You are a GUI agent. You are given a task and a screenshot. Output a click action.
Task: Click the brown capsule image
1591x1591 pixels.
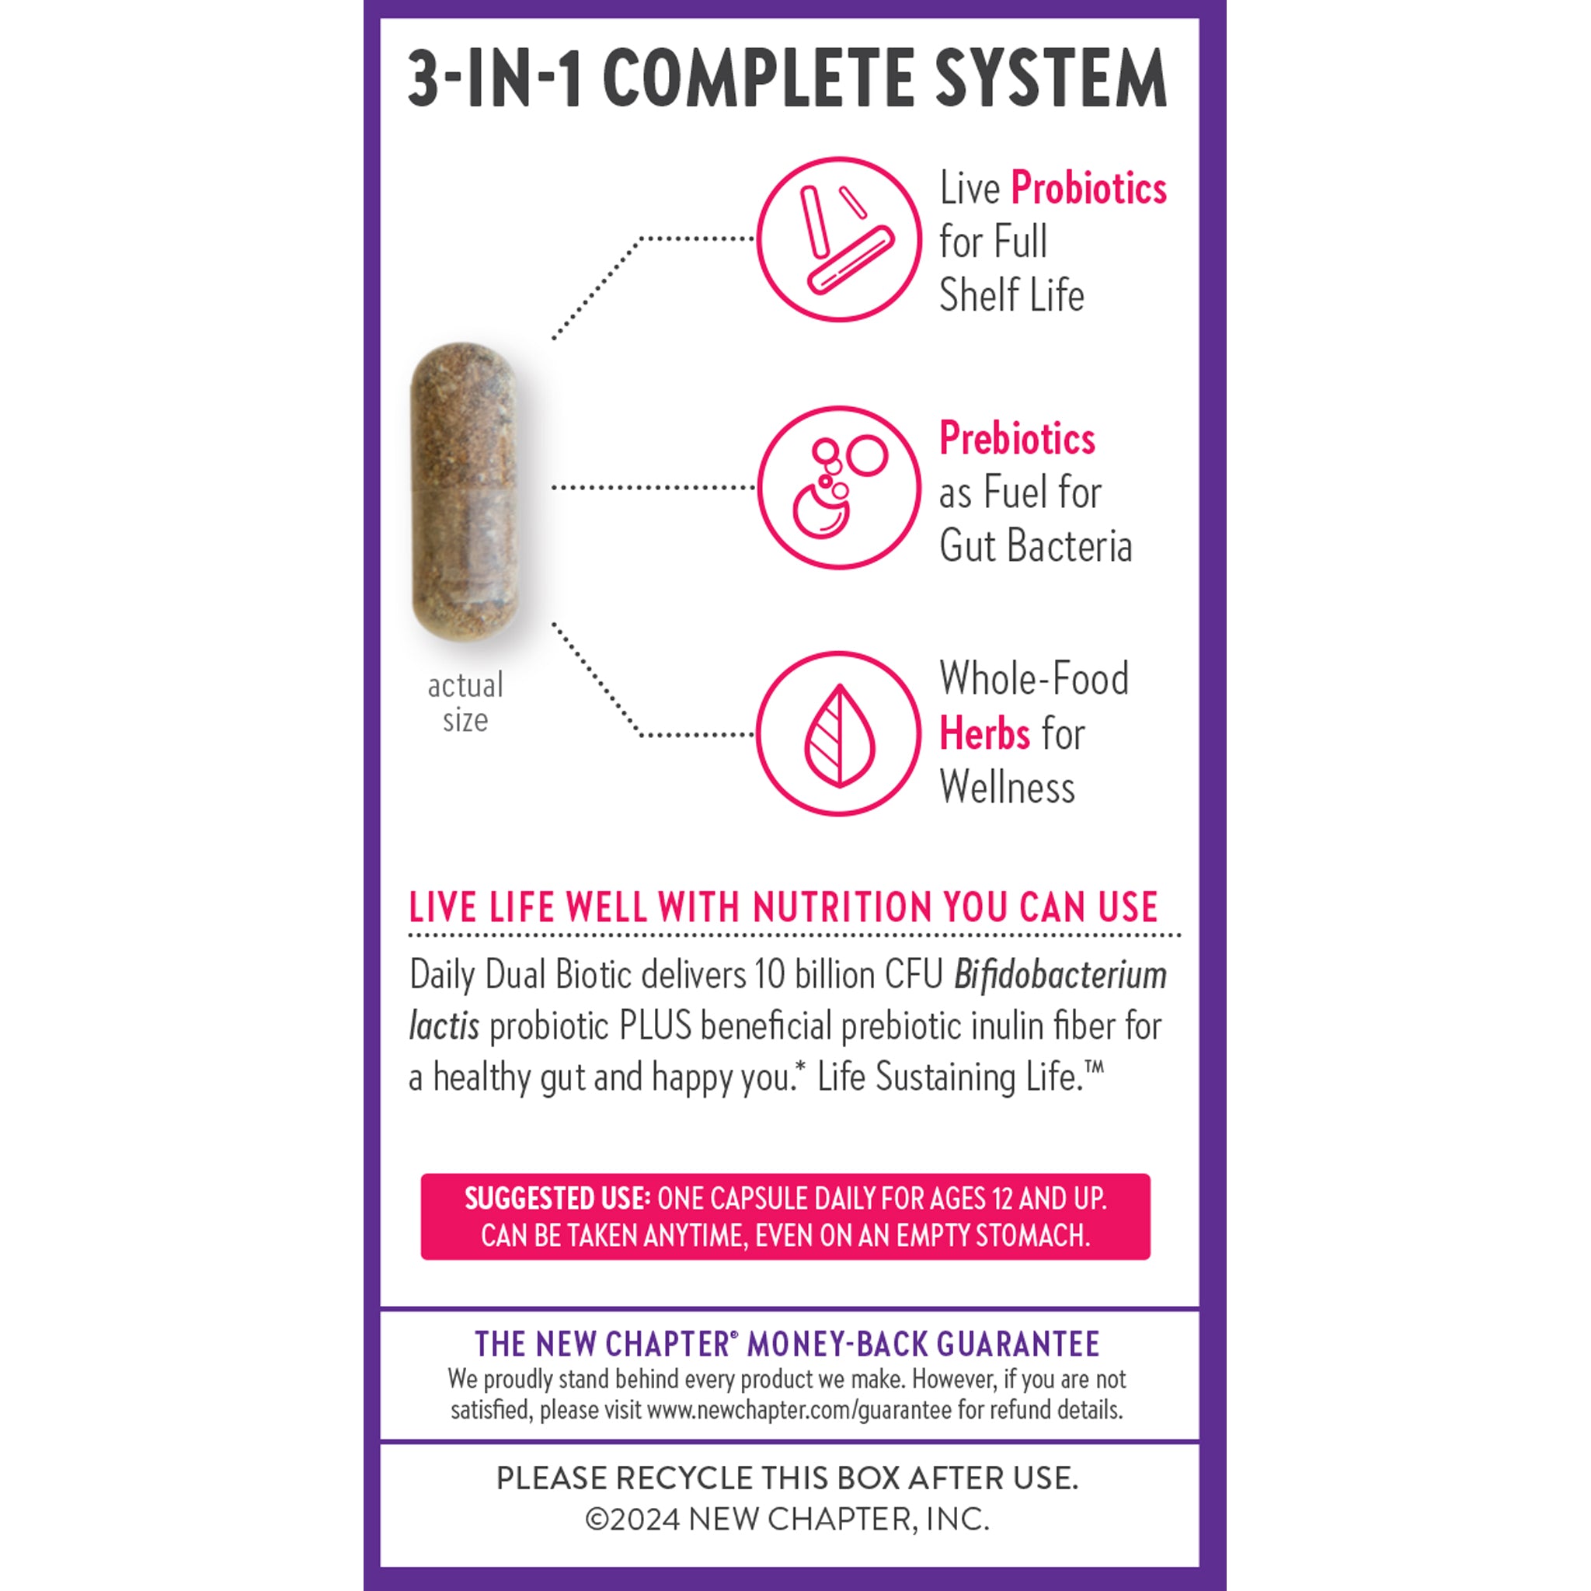pos(465,492)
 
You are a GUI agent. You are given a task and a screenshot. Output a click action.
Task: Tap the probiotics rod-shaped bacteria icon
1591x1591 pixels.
pos(838,238)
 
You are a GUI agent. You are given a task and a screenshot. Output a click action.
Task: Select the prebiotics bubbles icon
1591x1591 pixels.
pos(838,488)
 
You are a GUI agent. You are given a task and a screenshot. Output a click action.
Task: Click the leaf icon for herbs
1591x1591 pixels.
pos(838,733)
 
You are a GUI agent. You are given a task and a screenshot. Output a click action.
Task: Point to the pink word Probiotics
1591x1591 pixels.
pos(1088,189)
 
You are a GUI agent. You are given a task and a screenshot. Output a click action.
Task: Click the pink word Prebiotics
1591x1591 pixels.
pos(1017,438)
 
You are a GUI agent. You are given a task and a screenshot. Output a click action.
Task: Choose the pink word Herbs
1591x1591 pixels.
pos(984,733)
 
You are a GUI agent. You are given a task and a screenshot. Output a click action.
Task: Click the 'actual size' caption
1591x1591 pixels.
pos(465,702)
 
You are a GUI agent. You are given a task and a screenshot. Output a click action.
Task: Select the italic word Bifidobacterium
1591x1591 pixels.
pos(1060,975)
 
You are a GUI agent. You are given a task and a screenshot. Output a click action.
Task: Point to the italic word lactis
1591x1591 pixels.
pos(444,1026)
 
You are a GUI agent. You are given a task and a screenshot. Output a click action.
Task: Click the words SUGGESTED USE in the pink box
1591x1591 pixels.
pos(558,1198)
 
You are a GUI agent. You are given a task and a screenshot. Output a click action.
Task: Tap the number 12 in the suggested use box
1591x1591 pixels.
pos(1002,1198)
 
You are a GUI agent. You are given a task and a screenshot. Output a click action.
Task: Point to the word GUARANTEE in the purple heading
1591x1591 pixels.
pos(1018,1344)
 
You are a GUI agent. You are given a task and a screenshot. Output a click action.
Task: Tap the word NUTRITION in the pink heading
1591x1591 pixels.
pos(842,907)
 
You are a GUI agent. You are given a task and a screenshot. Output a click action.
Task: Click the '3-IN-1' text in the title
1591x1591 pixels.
pos(496,78)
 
